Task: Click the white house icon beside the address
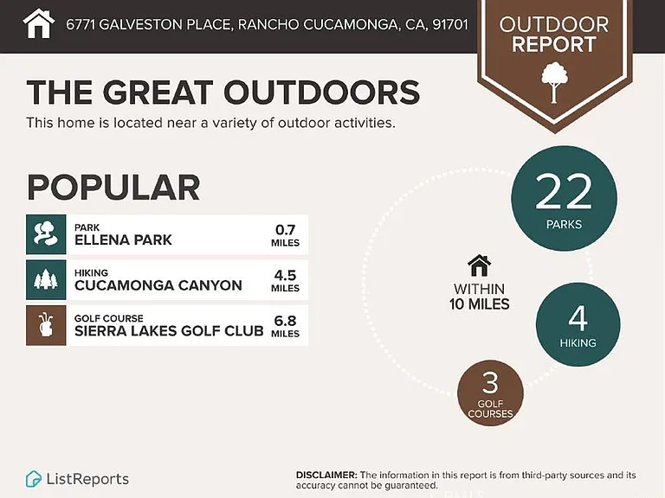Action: pyautogui.click(x=39, y=23)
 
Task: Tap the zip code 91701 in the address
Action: pyautogui.click(x=450, y=24)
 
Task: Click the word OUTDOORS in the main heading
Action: pyautogui.click(x=322, y=92)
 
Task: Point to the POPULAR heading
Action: pyautogui.click(x=113, y=188)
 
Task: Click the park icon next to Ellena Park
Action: pyautogui.click(x=46, y=234)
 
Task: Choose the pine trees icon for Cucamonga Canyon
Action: pyautogui.click(x=46, y=280)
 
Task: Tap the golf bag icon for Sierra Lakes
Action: pyautogui.click(x=46, y=325)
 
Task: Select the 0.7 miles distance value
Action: pyautogui.click(x=285, y=235)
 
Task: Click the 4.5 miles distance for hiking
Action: pyautogui.click(x=285, y=281)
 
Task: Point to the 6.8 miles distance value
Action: pyautogui.click(x=285, y=326)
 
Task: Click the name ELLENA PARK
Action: pyautogui.click(x=123, y=240)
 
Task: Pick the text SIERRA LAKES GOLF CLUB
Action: pyautogui.click(x=169, y=331)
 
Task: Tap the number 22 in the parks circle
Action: pyautogui.click(x=564, y=191)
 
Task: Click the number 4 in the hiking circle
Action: pyautogui.click(x=578, y=318)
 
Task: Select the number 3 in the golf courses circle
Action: pyautogui.click(x=490, y=382)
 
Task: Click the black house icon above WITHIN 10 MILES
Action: pyautogui.click(x=479, y=265)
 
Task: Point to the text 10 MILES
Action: pyautogui.click(x=479, y=304)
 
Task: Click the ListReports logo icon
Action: pyautogui.click(x=34, y=479)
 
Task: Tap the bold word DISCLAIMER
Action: pyautogui.click(x=326, y=476)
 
